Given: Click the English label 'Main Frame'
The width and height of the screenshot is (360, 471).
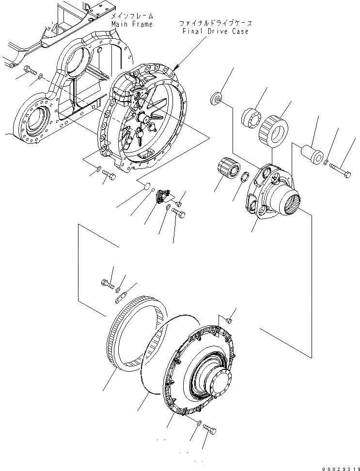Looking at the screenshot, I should pyautogui.click(x=132, y=24).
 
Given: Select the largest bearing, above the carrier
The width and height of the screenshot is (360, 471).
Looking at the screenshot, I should pyautogui.click(x=274, y=130).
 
